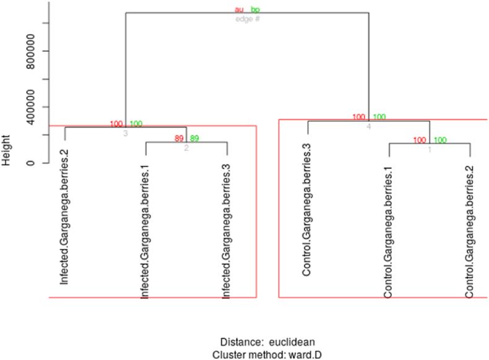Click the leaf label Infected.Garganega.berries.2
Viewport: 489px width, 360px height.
point(64,213)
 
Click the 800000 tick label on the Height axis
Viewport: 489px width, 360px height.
point(38,51)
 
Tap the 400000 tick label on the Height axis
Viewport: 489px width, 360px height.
point(38,107)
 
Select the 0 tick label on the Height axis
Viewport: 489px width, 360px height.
point(38,163)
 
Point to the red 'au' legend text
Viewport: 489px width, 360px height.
point(240,10)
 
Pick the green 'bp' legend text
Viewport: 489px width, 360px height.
point(256,10)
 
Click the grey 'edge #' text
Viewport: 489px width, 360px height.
point(248,19)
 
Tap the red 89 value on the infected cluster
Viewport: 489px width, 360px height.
point(180,139)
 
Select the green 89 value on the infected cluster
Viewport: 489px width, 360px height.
point(194,139)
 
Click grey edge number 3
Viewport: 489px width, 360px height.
point(125,132)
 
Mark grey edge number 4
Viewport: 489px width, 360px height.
point(368,126)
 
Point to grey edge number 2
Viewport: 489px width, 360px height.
point(186,148)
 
